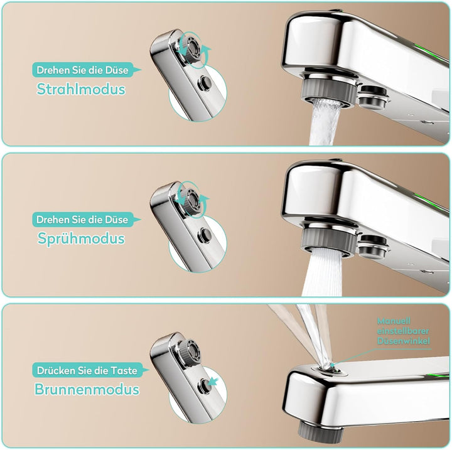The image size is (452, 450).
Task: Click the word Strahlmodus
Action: point(81,89)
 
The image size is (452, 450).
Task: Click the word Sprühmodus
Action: point(81,238)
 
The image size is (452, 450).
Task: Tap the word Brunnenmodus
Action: point(87,389)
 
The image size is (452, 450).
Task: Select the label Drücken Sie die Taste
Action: point(87,370)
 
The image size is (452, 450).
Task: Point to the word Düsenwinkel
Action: point(403,341)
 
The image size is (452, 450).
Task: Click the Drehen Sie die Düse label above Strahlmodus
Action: point(82,70)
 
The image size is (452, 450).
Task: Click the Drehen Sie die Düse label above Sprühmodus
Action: point(82,220)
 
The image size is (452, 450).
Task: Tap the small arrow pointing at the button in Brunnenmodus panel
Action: point(213,382)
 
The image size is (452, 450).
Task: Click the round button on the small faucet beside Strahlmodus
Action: point(205,83)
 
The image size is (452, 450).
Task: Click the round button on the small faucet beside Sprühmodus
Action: point(205,235)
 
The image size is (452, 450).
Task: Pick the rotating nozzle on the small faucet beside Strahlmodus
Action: point(190,46)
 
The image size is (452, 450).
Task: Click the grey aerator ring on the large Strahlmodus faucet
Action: point(328,92)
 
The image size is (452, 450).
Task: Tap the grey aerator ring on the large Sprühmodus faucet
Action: point(328,242)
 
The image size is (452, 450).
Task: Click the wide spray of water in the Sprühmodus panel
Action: point(321,273)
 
